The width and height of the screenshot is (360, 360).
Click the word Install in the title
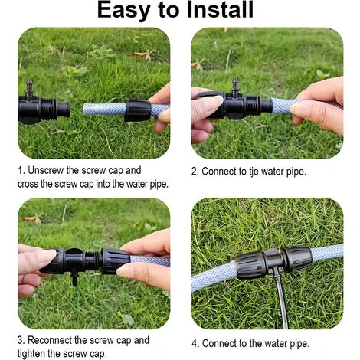[x=220, y=10]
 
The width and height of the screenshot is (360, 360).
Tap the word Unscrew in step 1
[x=45, y=170]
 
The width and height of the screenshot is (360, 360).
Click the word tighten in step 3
[x=31, y=354]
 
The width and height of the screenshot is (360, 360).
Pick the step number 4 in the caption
[x=195, y=344]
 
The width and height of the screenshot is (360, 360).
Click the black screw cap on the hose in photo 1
[x=137, y=110]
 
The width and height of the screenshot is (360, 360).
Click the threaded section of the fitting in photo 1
[x=49, y=110]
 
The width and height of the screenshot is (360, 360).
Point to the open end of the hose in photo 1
[x=84, y=110]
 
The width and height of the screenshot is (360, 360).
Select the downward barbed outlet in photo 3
[x=74, y=278]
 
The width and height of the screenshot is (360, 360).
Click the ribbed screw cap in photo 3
[x=116, y=261]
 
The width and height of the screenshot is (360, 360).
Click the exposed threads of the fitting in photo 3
[x=92, y=260]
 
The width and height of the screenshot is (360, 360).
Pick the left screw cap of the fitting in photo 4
[x=250, y=265]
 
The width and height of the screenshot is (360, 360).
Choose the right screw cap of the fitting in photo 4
[x=298, y=258]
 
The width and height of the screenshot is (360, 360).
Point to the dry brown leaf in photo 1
[x=142, y=55]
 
